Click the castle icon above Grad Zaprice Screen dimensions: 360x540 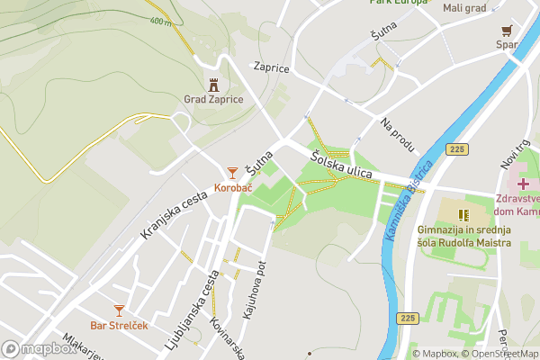[213, 85]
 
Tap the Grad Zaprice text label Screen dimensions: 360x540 [213, 100]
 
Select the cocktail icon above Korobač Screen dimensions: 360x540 [232, 172]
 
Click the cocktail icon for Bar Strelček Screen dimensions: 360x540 [119, 310]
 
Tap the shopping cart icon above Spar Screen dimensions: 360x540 [508, 29]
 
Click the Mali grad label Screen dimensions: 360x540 [464, 8]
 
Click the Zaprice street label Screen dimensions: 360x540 [271, 67]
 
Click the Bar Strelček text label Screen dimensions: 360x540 [119, 325]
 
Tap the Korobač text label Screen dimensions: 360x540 [232, 188]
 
